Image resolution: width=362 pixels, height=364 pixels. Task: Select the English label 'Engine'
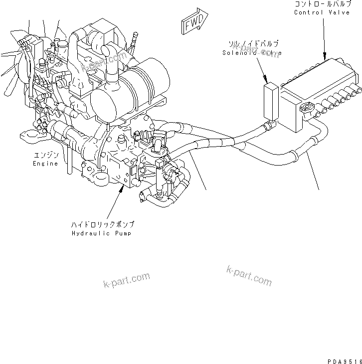pos(45,163)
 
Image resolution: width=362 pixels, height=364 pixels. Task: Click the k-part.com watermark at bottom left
pos(127,281)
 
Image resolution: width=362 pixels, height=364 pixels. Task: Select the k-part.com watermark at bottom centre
pos(249,275)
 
